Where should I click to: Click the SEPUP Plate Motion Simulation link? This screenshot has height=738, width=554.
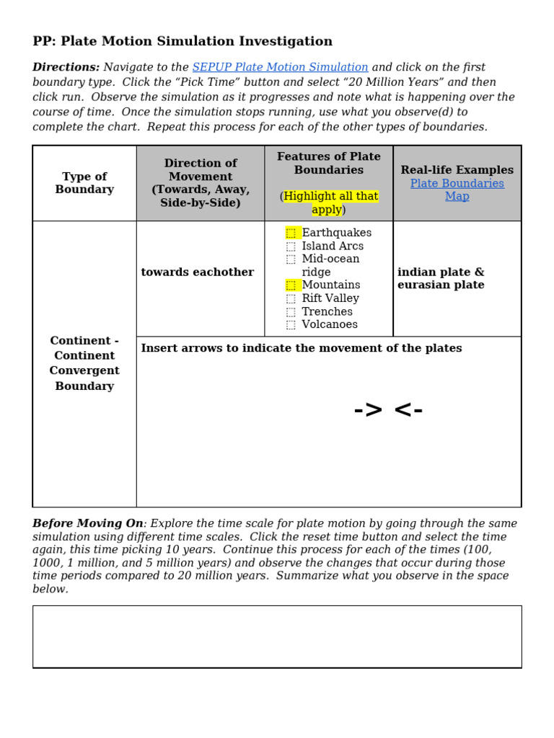(x=280, y=67)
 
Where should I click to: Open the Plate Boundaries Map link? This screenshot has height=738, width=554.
(x=457, y=190)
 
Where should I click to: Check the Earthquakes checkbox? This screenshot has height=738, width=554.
(x=291, y=233)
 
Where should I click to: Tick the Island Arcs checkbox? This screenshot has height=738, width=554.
(x=291, y=246)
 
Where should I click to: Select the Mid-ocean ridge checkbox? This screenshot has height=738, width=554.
(x=291, y=259)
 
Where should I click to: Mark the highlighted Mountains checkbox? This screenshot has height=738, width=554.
(x=291, y=285)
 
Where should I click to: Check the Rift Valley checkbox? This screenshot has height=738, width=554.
(x=291, y=298)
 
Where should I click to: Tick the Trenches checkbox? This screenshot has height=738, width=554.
(x=291, y=312)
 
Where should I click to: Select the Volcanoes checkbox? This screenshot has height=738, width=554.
(x=291, y=325)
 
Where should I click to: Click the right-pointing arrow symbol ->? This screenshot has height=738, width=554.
(x=369, y=410)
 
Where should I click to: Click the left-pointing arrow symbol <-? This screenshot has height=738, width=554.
(x=408, y=410)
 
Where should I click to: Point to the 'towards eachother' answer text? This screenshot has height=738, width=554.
(x=197, y=272)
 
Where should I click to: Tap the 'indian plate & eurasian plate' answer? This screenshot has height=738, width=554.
(x=441, y=278)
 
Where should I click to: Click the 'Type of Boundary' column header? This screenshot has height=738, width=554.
(x=84, y=183)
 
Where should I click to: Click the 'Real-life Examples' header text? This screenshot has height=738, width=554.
(x=457, y=170)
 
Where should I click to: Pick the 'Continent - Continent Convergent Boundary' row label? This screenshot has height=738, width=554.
(x=84, y=363)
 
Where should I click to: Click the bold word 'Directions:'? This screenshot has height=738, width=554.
(x=66, y=67)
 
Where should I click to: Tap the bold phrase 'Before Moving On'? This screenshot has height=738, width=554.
(x=88, y=523)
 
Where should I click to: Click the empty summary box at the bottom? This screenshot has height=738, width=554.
(x=277, y=636)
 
